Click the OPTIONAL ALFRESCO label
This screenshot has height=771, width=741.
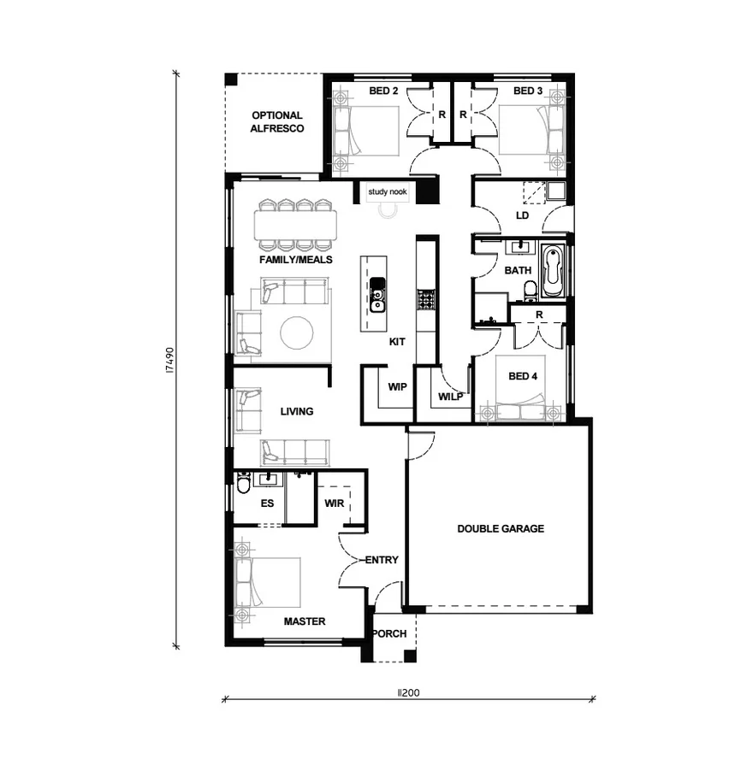(x=276, y=121)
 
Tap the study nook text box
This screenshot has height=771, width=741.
(x=388, y=192)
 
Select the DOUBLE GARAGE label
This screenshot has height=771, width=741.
(x=500, y=528)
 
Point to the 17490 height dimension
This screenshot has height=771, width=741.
(x=170, y=360)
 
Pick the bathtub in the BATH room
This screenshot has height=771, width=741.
(x=552, y=269)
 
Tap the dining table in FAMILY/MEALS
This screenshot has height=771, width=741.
(x=296, y=225)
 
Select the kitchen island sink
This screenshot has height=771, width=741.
(x=376, y=297)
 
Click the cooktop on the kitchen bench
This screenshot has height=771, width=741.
(x=425, y=298)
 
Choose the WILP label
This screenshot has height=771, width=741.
(x=451, y=397)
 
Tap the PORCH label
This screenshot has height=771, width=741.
(x=388, y=634)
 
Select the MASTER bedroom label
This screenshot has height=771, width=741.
(x=304, y=621)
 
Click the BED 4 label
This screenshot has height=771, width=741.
(x=523, y=376)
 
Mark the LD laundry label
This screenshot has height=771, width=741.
(x=522, y=215)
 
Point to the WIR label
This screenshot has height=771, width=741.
(x=334, y=503)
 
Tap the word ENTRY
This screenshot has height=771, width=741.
(x=382, y=560)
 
